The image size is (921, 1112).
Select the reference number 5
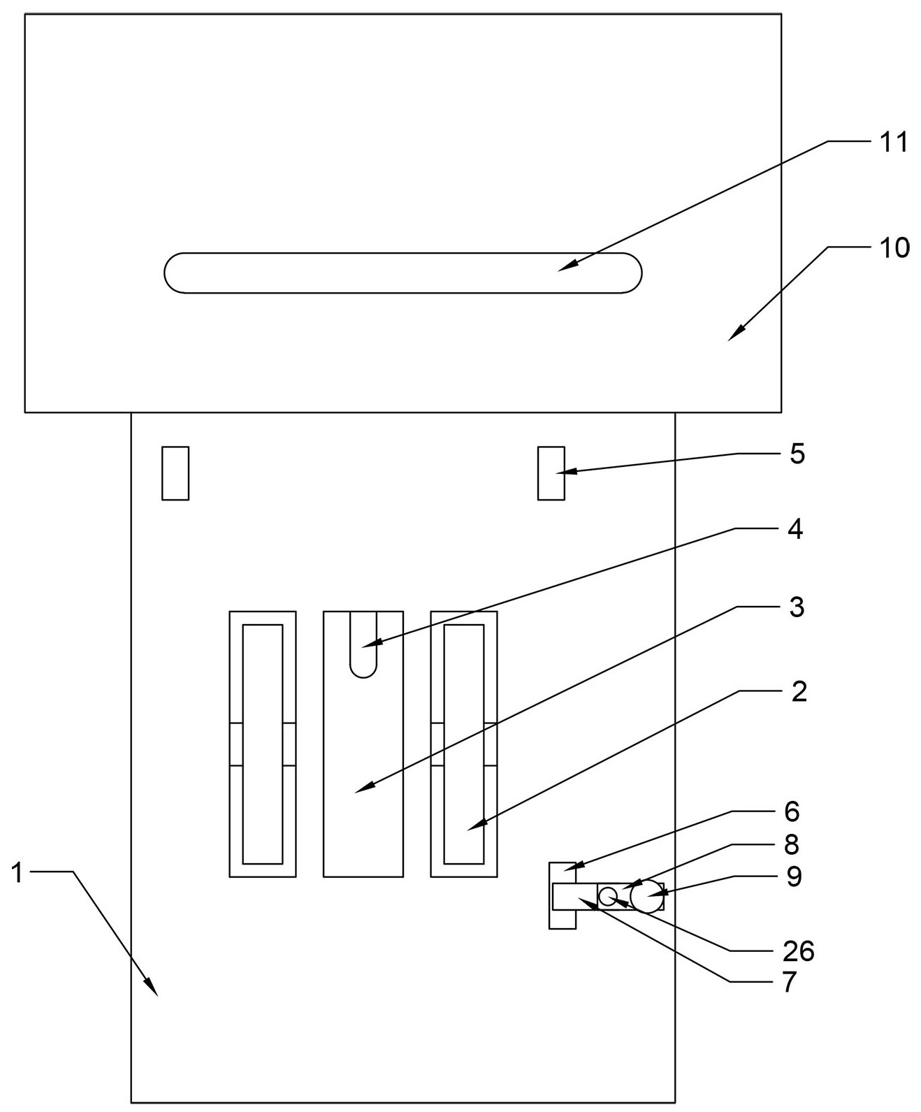click(x=797, y=454)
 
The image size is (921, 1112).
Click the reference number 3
click(x=797, y=607)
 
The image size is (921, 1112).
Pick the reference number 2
click(x=799, y=692)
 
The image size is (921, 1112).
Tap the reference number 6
click(x=792, y=811)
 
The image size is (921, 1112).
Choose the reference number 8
click(x=792, y=845)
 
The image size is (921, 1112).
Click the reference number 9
click(x=794, y=876)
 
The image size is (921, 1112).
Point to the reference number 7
click(x=790, y=983)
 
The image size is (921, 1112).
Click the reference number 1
click(x=19, y=872)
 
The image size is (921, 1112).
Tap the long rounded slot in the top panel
click(x=403, y=273)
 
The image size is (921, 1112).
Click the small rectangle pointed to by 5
click(x=551, y=473)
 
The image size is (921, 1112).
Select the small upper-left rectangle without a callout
click(x=175, y=473)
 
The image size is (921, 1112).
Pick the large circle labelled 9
click(x=646, y=897)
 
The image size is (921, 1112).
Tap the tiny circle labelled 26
click(x=608, y=896)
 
